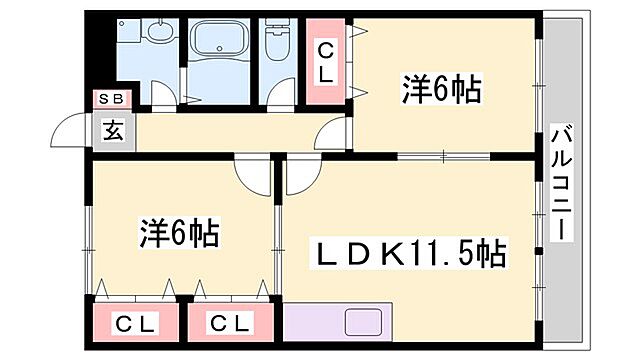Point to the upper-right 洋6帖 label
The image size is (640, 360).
coord(440,91)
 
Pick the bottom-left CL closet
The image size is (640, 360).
coord(135,324)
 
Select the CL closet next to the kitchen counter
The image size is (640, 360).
coord(231,324)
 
